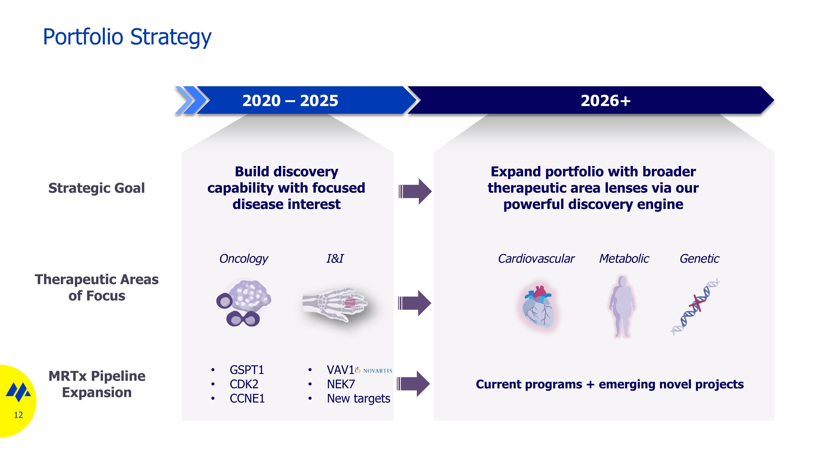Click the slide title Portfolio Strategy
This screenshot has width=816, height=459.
coord(127,37)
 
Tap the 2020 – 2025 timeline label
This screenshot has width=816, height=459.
coord(290,100)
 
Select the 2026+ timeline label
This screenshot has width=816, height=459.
coord(606,100)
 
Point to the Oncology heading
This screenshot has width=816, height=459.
coord(244,259)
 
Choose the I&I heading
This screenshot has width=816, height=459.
coord(335,258)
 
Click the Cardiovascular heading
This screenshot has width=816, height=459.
coord(536,258)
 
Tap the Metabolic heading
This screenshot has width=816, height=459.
coord(624,258)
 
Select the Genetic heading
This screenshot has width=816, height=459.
coord(699,258)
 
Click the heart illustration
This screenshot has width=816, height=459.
coord(539,307)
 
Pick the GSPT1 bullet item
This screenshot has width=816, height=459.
coord(247,370)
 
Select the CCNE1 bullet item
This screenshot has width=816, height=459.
coord(247,398)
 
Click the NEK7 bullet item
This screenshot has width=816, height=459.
coord(341,384)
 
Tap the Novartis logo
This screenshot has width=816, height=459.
coord(373,370)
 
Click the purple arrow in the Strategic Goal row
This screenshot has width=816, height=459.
coord(415,191)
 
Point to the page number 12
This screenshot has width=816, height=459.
coord(18,415)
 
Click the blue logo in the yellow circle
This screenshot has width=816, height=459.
coord(18,392)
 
